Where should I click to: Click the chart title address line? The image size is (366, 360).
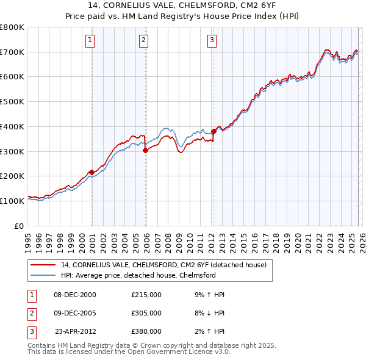coord(183,6)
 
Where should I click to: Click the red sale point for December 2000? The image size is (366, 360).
coord(91,172)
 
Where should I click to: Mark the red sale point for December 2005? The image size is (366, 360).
coord(145,150)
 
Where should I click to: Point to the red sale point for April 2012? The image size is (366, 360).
coord(213,131)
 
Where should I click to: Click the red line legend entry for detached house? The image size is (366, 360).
coord(163,265)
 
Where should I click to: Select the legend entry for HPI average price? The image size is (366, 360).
coord(138,276)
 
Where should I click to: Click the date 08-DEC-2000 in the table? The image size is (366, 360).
coord(75,295)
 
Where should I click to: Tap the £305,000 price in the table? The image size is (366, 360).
coord(146,313)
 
